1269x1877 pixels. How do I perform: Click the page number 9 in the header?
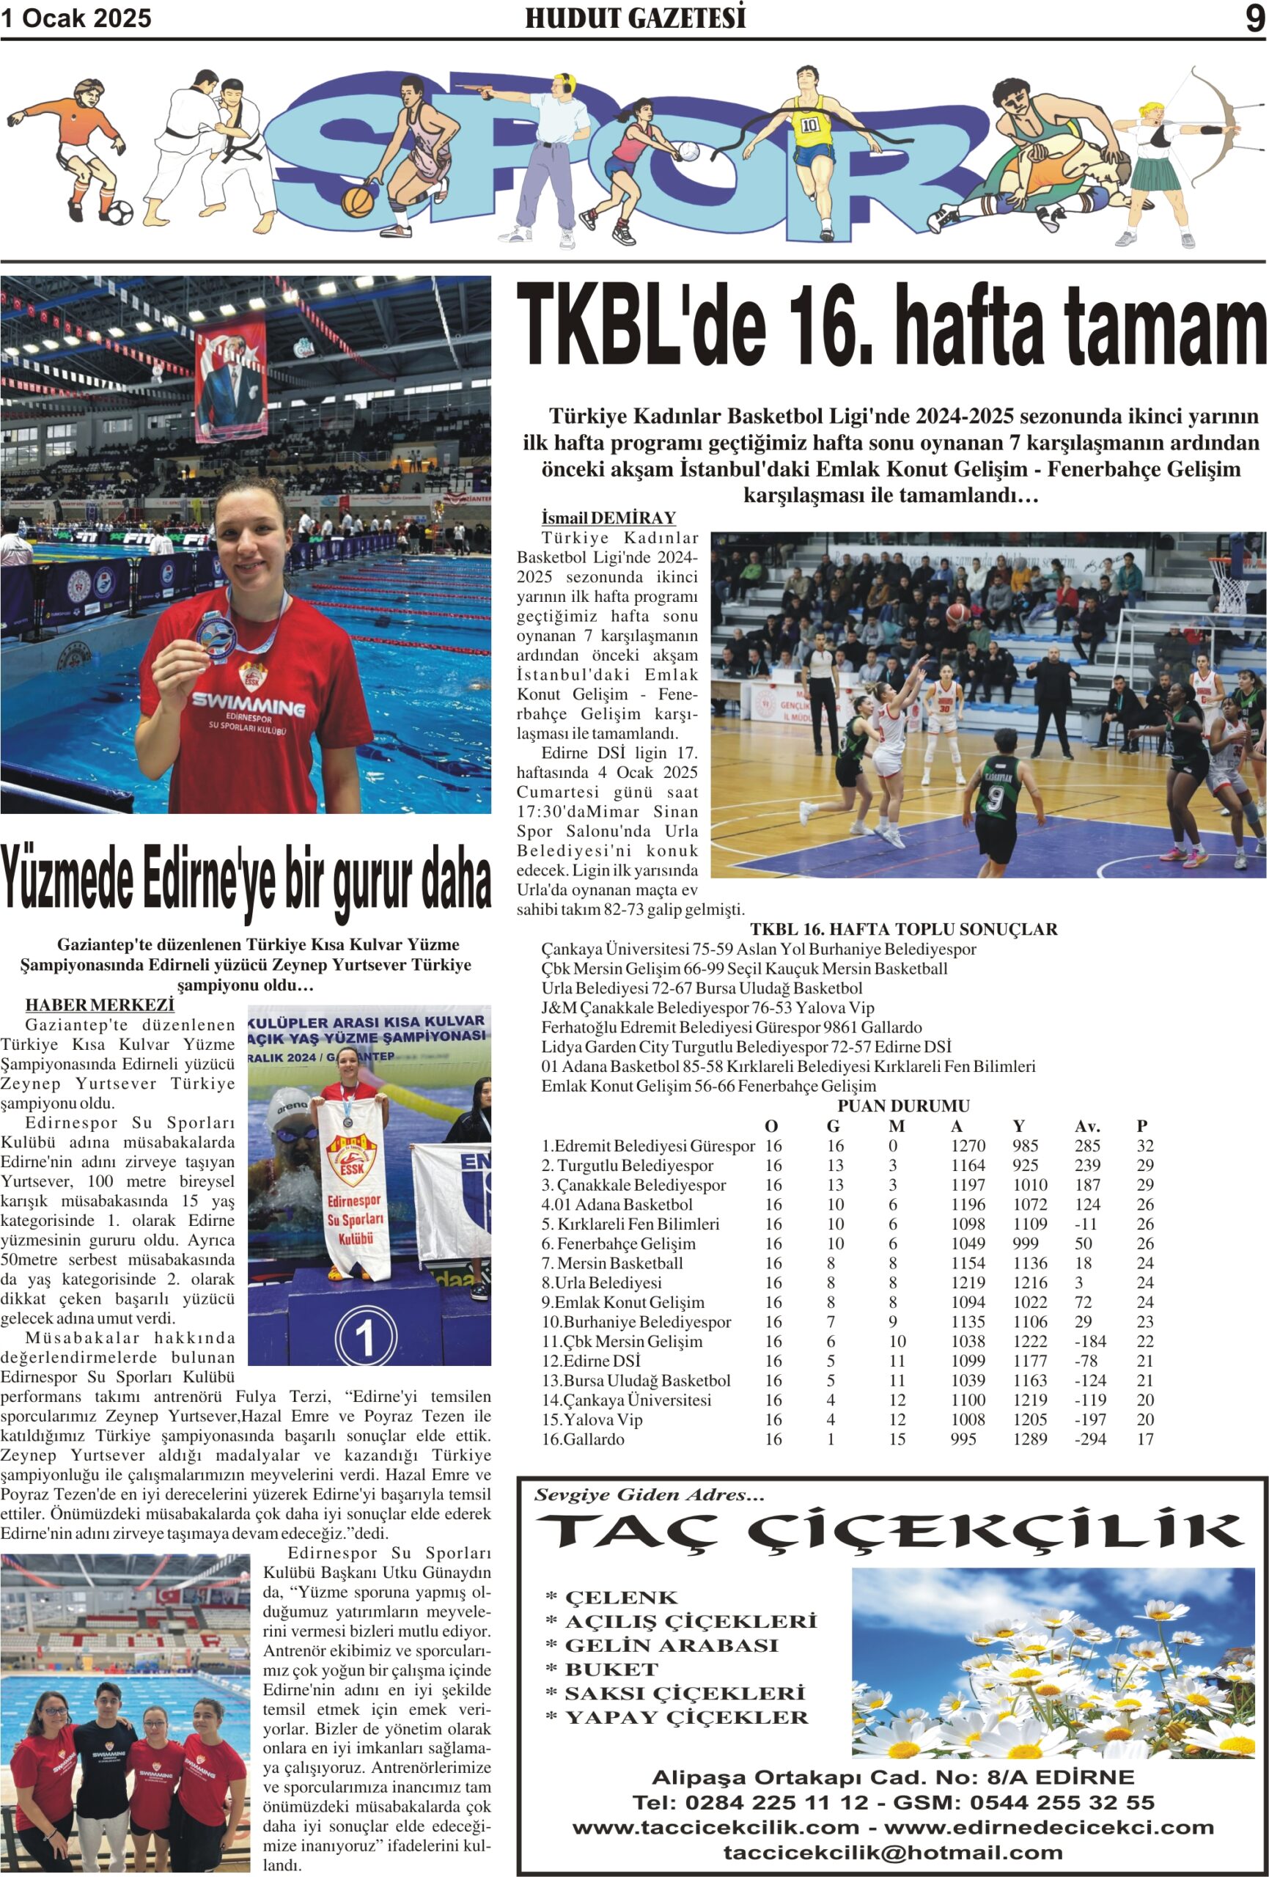click(x=1254, y=18)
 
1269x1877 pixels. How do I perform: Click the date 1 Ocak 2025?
click(x=76, y=18)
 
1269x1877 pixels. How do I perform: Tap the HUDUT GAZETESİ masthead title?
click(x=635, y=18)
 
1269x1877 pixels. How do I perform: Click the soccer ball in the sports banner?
click(x=119, y=213)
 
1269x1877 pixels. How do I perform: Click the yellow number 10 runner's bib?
click(x=810, y=125)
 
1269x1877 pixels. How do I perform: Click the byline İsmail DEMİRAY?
click(x=608, y=518)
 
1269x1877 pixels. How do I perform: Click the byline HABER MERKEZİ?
click(x=100, y=1004)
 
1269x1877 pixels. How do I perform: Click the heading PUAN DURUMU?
click(x=903, y=1106)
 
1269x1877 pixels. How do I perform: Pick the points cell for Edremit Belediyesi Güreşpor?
click(x=1144, y=1145)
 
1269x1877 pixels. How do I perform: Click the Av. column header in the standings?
click(x=1087, y=1126)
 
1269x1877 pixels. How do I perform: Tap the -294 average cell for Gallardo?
click(x=1087, y=1439)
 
